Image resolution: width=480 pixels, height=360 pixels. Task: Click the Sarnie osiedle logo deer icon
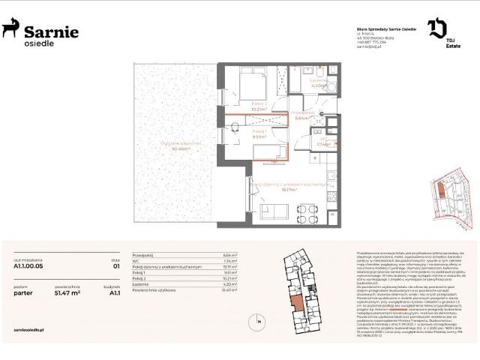coord(10,29)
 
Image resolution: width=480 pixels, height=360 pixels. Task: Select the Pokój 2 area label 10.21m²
coord(259,107)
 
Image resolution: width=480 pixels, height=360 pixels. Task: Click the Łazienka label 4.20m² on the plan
coord(319,85)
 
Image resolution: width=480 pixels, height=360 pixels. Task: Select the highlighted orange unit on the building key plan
coord(298,304)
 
